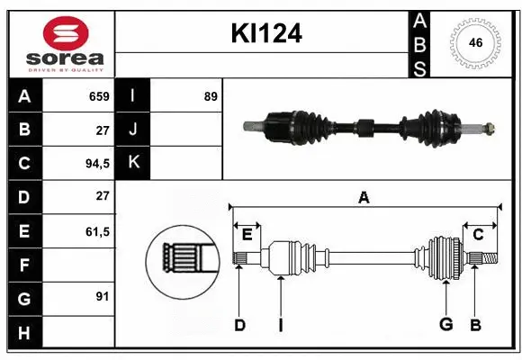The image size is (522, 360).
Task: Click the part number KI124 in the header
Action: [266, 34]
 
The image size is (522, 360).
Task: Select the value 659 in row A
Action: [98, 96]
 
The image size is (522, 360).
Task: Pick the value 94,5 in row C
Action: [95, 164]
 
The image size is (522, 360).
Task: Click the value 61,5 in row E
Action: [96, 231]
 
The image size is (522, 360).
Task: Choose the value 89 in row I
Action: [210, 96]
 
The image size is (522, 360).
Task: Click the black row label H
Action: [24, 333]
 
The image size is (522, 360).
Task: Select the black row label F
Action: [24, 265]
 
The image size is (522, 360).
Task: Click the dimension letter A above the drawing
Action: [364, 197]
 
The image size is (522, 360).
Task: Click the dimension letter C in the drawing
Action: [479, 235]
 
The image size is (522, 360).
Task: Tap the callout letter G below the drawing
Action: [445, 325]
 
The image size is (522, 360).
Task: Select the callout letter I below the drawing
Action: [280, 325]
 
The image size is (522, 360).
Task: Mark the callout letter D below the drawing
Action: [239, 325]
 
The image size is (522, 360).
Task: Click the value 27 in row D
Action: [102, 197]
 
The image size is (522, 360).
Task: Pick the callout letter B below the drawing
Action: [474, 325]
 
